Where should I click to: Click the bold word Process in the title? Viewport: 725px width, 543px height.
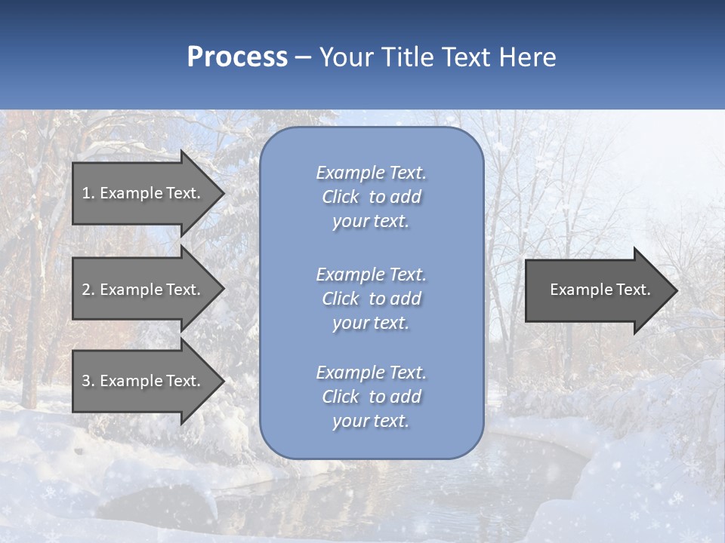(x=237, y=57)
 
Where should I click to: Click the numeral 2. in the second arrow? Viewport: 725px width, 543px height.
(x=88, y=290)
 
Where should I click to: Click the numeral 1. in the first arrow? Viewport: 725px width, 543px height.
(x=88, y=193)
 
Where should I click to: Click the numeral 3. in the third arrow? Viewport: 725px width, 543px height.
(x=88, y=381)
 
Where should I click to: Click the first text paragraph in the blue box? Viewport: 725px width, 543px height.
(x=371, y=197)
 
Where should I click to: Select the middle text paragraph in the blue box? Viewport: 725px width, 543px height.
(x=371, y=299)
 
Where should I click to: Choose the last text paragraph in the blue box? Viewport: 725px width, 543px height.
(x=371, y=397)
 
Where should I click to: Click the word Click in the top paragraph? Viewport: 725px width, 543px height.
(x=340, y=197)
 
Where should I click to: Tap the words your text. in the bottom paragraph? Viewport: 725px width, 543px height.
(x=371, y=421)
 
